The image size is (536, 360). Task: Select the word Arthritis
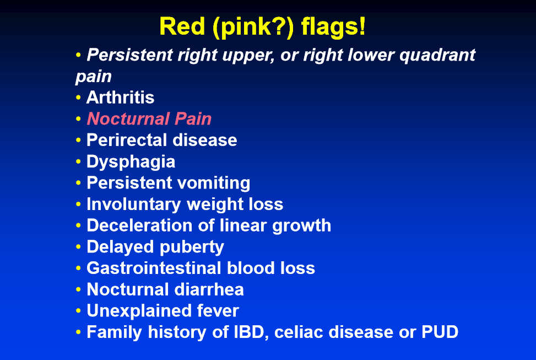pos(120,98)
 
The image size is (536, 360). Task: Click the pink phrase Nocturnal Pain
pos(149,119)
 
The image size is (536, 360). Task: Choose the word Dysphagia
pos(131,162)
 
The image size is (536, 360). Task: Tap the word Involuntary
pos(133,205)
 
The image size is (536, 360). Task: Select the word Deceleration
pos(139,225)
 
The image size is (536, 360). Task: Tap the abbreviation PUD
pos(440,332)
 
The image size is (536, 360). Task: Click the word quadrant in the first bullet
pos(437,55)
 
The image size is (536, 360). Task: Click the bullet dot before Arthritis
pos(78,98)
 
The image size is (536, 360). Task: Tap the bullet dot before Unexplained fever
pos(78,311)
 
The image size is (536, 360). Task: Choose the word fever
pos(218,311)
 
